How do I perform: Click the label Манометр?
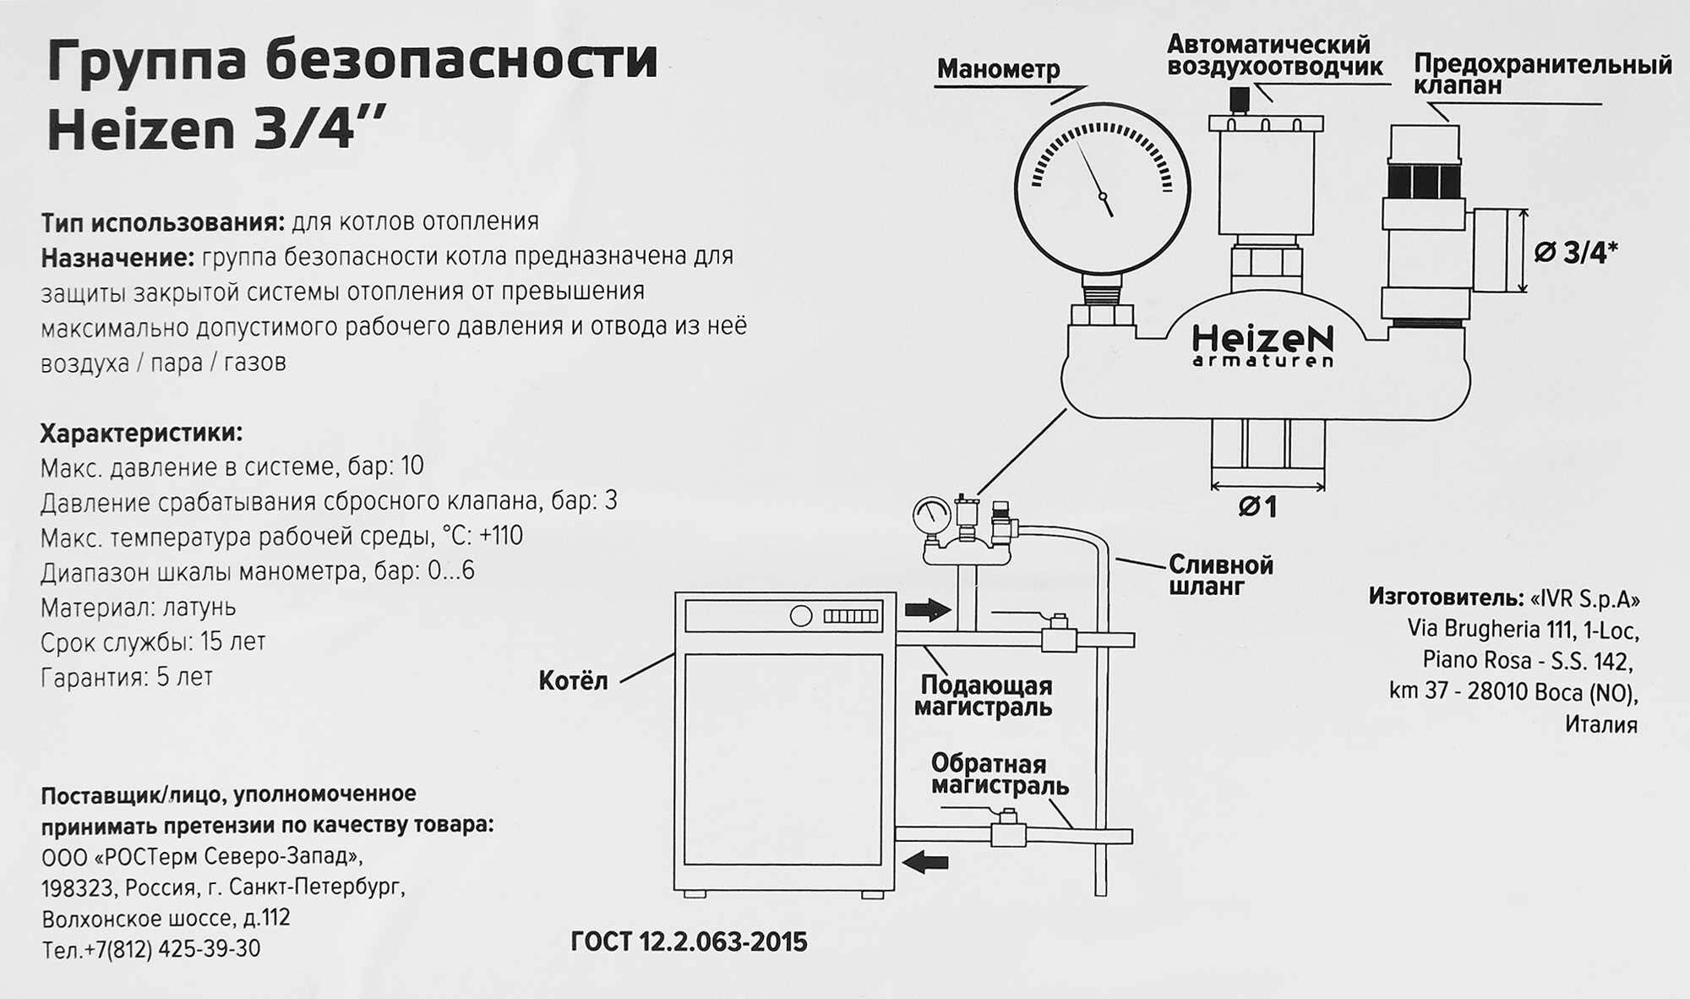(x=998, y=69)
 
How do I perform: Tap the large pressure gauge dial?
(x=1102, y=188)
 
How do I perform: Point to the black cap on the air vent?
(x=1240, y=101)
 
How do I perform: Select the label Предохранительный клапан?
(x=1542, y=74)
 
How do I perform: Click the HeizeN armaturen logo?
(x=1262, y=346)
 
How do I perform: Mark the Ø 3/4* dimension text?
(x=1575, y=252)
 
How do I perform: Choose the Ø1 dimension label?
(x=1257, y=506)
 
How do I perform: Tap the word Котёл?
(x=573, y=681)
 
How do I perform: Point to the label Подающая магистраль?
(x=984, y=696)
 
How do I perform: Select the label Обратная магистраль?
(x=999, y=774)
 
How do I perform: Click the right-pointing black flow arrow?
(x=928, y=609)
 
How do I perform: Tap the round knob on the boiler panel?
(x=800, y=616)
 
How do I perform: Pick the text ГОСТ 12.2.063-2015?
(x=689, y=942)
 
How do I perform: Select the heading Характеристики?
(x=141, y=434)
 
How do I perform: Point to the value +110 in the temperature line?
(x=500, y=536)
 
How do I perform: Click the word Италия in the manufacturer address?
(x=1600, y=724)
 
